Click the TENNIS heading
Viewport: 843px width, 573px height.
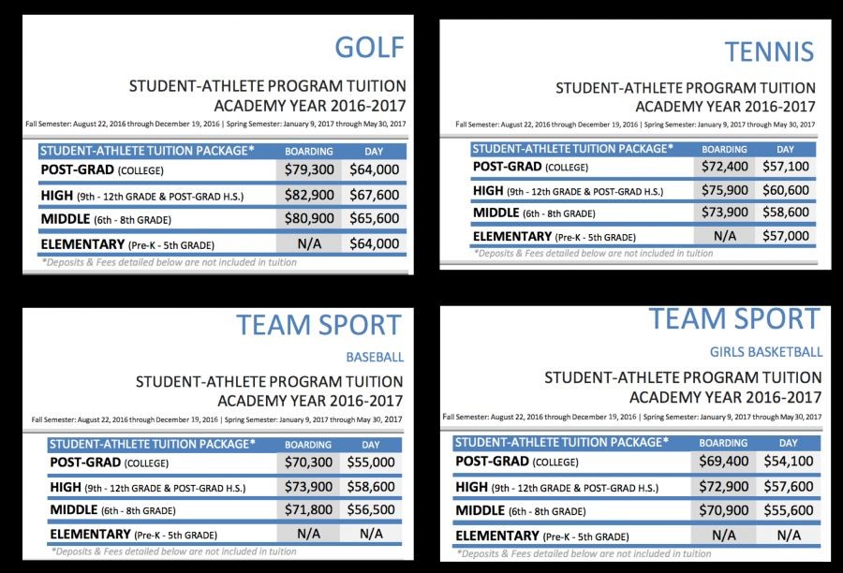pyautogui.click(x=769, y=51)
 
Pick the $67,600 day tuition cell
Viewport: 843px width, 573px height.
pyautogui.click(x=374, y=195)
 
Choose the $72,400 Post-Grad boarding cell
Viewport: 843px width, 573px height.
pyautogui.click(x=725, y=167)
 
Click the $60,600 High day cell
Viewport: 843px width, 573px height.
pyautogui.click(x=785, y=190)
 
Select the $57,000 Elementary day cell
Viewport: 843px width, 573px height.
pyautogui.click(x=785, y=236)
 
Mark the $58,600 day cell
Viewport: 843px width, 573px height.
pyautogui.click(x=371, y=488)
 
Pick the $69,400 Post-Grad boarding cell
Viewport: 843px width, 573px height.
pyautogui.click(x=723, y=462)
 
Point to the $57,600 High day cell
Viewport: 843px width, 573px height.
pyautogui.click(x=789, y=487)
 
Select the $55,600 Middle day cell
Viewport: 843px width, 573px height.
pyautogui.click(x=789, y=510)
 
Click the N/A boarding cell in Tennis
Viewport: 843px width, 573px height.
pyautogui.click(x=725, y=236)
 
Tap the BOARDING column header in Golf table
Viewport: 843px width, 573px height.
pyautogui.click(x=309, y=150)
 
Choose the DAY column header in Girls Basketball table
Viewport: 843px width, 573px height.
pyautogui.click(x=789, y=443)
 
